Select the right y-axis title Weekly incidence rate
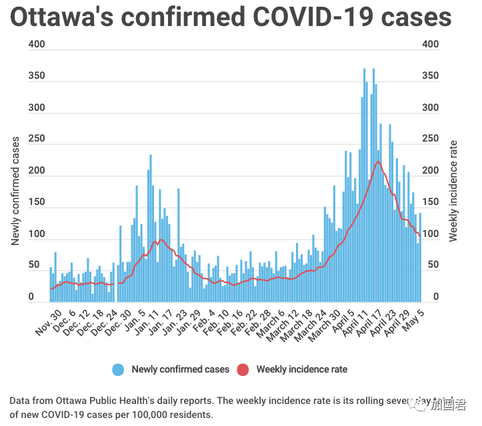[453, 191]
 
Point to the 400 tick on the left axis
[37, 45]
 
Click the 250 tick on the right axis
[431, 140]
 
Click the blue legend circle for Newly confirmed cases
[118, 369]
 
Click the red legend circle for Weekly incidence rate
[243, 369]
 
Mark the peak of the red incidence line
[378, 162]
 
